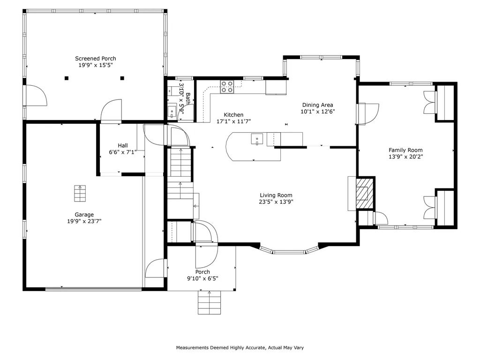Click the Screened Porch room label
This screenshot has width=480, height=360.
[96, 59]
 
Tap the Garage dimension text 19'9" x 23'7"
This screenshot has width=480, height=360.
[84, 221]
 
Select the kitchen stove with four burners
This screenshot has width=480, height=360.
[227, 87]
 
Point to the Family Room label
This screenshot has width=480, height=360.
[402, 150]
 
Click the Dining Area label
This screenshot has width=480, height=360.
[317, 105]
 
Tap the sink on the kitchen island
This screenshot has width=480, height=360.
[256, 139]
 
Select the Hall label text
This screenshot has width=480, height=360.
[123, 145]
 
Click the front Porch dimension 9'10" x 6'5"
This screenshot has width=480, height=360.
[202, 278]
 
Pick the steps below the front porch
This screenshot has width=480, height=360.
[209, 302]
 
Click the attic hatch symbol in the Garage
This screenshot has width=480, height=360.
[80, 193]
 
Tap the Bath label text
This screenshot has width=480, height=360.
[187, 98]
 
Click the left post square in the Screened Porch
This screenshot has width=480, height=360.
[67, 78]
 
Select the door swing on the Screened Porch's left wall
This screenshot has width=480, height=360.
[36, 97]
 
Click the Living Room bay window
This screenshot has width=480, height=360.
[288, 252]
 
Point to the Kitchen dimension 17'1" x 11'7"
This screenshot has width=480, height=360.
[233, 121]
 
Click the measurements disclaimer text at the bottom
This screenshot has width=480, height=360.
[240, 348]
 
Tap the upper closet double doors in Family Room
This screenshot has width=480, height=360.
[429, 102]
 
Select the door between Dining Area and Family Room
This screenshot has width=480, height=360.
[368, 114]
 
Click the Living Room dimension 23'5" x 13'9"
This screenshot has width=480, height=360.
[276, 202]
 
